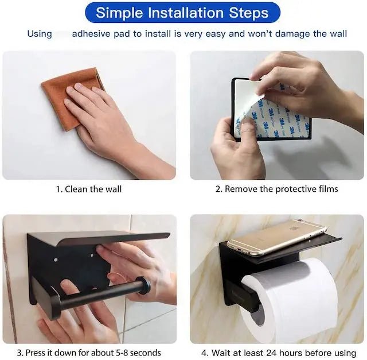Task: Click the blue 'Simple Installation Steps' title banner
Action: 182,13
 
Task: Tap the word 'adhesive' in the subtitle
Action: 91,34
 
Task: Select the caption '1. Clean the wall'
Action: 89,189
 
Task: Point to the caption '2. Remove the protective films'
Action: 276,189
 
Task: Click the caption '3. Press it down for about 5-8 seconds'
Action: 89,353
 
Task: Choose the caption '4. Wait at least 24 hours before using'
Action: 279,353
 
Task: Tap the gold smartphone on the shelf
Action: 276,237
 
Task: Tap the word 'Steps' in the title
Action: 249,13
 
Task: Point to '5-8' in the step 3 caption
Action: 122,353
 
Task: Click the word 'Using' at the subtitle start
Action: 40,34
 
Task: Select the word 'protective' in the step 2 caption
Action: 296,189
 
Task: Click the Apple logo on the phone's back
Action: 292,229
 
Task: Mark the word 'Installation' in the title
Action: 186,13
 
